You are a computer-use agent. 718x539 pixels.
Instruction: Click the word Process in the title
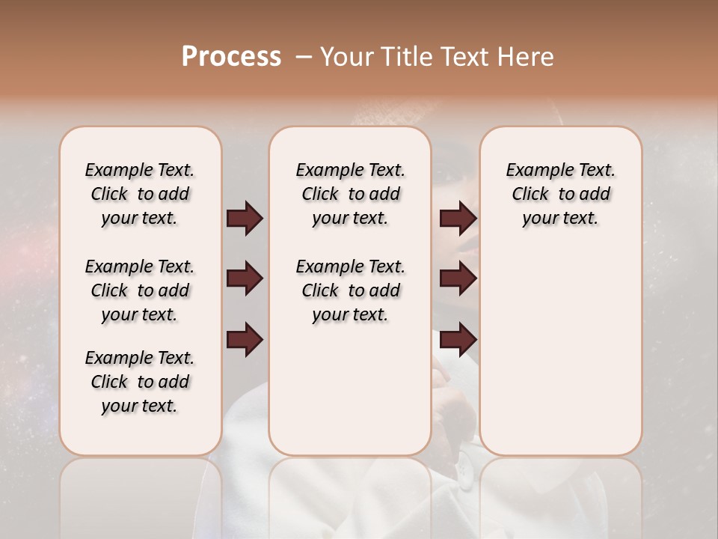coord(231,57)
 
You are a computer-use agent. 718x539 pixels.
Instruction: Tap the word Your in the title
coord(347,57)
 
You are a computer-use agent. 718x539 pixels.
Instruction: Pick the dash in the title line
coord(304,58)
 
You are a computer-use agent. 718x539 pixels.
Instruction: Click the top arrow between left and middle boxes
coord(245,219)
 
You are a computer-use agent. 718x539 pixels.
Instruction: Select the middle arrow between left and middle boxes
coord(245,279)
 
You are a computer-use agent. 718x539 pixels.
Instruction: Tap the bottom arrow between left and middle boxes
coord(245,340)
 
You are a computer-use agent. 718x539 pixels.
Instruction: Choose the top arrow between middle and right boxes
coord(458,219)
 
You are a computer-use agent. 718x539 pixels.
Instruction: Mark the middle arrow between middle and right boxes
coord(458,279)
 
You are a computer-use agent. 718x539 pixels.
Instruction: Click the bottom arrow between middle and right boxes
coord(458,340)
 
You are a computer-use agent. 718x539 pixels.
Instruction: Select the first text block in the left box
coord(140,194)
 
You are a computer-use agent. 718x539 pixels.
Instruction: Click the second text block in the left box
coord(140,290)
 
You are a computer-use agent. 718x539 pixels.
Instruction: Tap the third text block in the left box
coord(140,382)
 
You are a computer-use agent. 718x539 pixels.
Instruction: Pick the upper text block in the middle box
coord(351,194)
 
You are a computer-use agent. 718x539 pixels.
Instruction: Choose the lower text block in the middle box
coord(351,290)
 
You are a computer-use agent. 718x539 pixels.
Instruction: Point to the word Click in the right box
coord(530,195)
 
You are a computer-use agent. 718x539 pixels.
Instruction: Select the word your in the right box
coord(538,219)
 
